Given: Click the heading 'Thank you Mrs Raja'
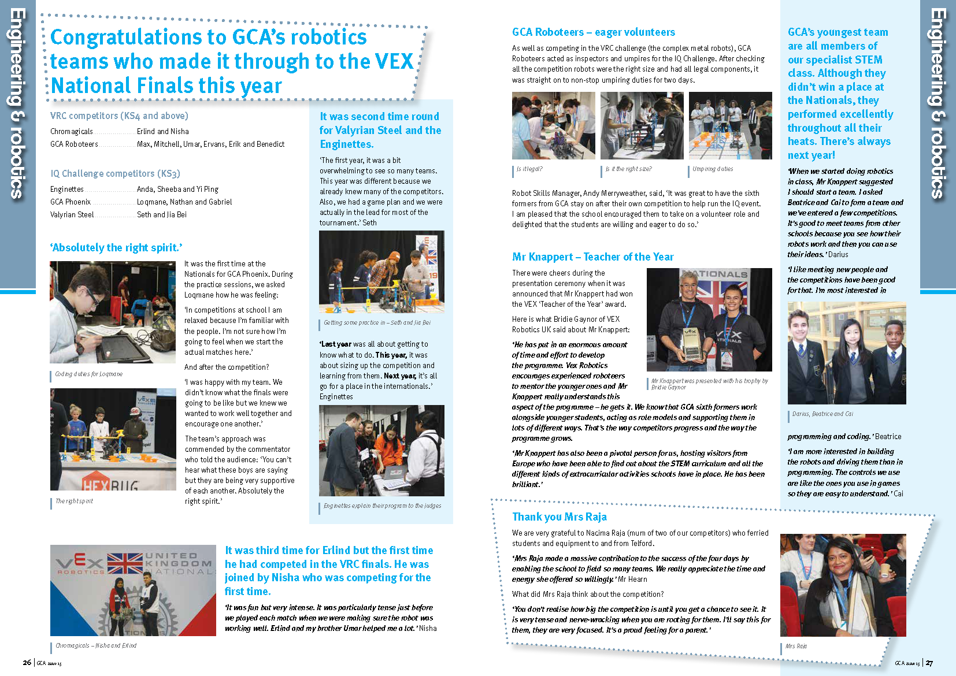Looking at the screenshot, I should [559, 517].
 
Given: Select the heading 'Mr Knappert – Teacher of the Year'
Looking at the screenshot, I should [592, 257].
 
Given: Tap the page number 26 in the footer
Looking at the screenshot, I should [27, 663].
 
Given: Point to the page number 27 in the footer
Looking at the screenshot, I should [929, 663].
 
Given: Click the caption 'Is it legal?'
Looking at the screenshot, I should [529, 169].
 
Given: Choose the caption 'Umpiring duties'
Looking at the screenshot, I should [713, 169].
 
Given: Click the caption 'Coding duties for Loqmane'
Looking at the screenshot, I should [88, 374].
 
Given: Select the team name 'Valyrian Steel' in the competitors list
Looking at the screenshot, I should [72, 215].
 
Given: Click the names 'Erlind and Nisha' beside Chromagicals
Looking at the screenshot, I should [162, 132].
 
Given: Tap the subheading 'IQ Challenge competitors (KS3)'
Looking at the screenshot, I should [115, 174].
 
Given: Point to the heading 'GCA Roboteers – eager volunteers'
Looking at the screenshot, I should [593, 32].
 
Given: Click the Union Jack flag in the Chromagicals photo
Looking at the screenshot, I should [125, 563].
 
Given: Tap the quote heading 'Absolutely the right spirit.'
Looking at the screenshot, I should [116, 248].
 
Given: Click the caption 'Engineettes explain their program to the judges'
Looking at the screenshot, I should [382, 506].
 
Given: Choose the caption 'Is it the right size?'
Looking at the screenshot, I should [628, 169].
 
